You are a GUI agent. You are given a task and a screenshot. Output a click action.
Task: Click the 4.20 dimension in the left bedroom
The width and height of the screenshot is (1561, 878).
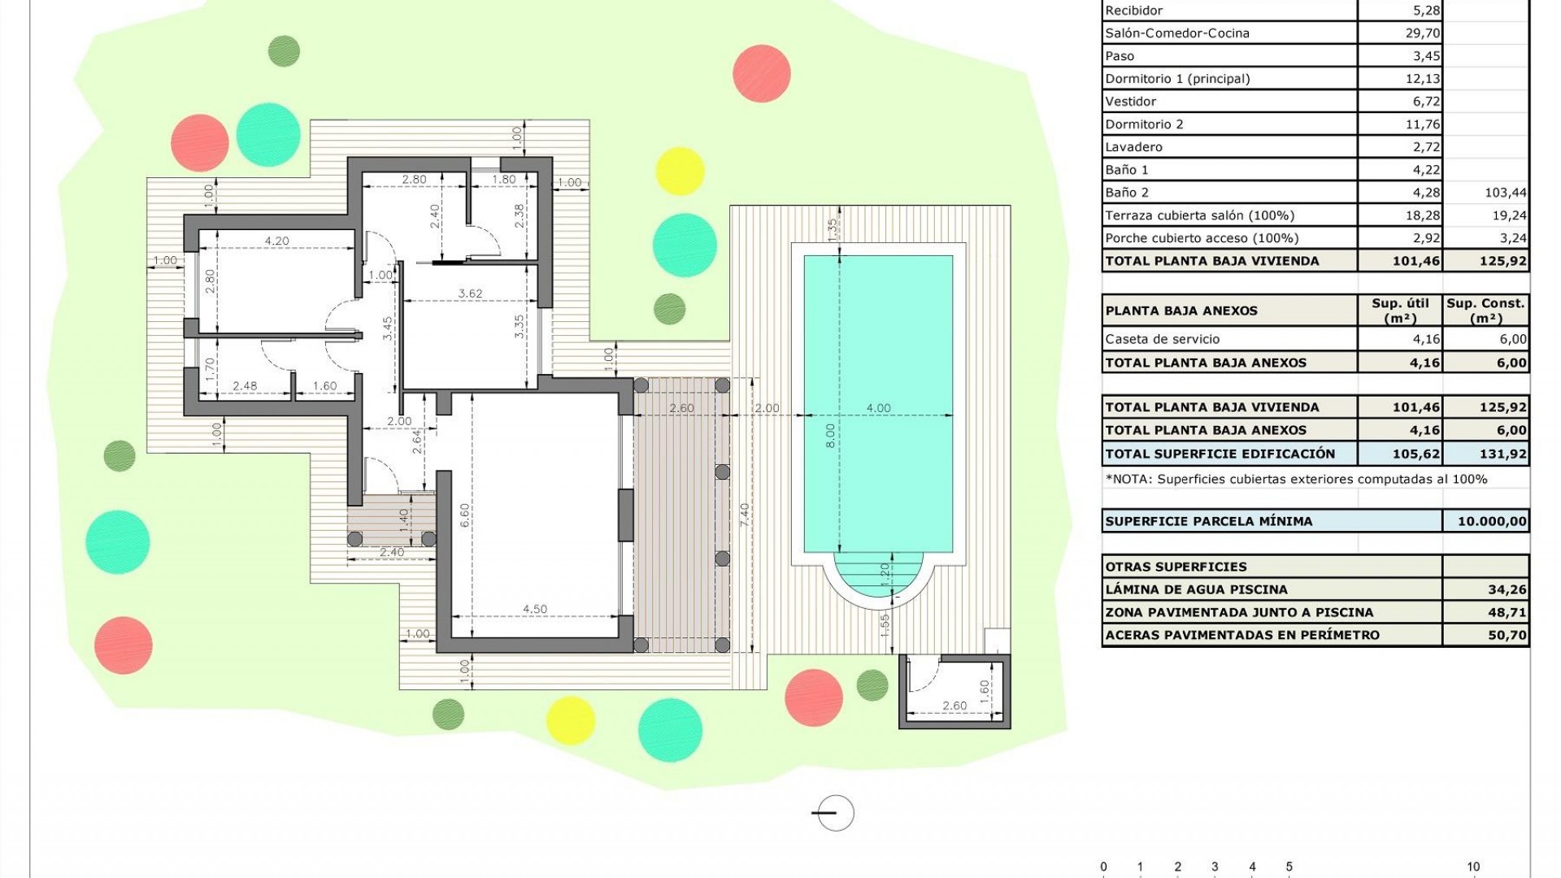[276, 241]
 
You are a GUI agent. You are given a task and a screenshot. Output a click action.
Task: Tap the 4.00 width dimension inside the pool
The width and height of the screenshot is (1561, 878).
[878, 408]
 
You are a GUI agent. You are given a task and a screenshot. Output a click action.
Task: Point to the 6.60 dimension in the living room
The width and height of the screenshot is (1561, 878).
[464, 515]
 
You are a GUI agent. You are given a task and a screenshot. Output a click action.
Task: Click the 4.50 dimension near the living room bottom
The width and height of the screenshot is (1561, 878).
[534, 609]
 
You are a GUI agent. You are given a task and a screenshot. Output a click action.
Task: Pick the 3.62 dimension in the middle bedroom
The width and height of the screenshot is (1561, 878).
[470, 293]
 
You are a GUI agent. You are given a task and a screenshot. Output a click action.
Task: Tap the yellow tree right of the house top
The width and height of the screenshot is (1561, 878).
[679, 171]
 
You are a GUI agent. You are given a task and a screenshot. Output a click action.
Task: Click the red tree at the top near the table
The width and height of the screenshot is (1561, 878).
[761, 74]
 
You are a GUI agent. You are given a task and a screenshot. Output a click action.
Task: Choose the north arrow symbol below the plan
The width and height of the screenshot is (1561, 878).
[835, 812]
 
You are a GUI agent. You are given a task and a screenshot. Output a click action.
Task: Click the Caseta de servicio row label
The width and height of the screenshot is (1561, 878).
[1162, 339]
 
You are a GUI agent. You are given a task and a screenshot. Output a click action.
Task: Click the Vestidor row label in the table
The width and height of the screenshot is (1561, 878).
[1130, 102]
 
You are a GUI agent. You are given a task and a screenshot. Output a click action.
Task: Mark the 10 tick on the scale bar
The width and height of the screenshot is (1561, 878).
[1473, 867]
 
